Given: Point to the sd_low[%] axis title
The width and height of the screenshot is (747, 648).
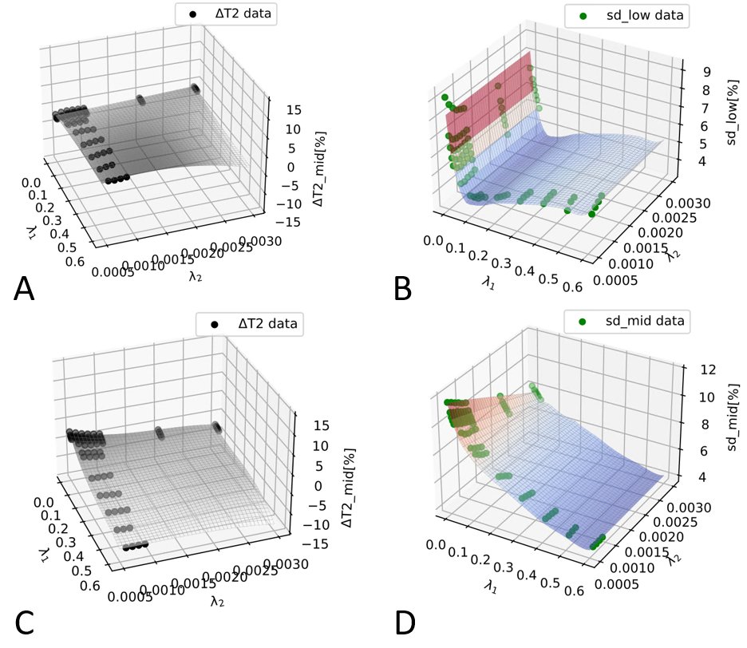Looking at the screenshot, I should (x=733, y=117).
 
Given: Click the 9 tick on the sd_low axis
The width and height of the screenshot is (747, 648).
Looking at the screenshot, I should (x=685, y=70).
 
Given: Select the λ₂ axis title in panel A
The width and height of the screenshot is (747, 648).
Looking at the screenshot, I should (x=196, y=276).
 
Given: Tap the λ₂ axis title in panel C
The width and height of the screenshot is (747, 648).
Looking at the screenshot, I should (x=216, y=601).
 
